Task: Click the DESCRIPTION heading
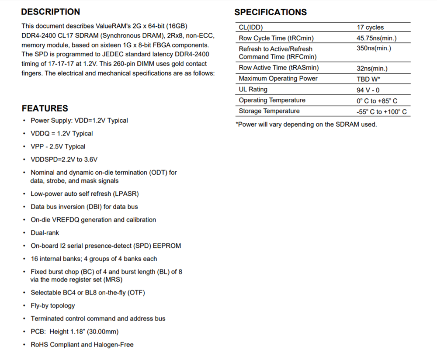51,12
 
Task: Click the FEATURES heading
45,108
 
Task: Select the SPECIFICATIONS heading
271,12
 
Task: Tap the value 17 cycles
370,28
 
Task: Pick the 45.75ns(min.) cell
377,38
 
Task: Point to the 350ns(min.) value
374,48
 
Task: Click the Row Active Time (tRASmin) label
278,68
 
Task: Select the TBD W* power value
368,79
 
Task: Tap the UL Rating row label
253,90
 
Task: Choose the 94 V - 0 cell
368,90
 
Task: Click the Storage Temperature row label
269,111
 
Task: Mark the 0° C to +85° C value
377,101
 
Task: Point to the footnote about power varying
306,125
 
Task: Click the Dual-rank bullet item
45,233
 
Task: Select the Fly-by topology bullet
53,306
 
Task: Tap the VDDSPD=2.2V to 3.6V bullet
64,159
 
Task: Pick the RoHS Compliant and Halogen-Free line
82,345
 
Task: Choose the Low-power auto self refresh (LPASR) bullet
85,194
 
